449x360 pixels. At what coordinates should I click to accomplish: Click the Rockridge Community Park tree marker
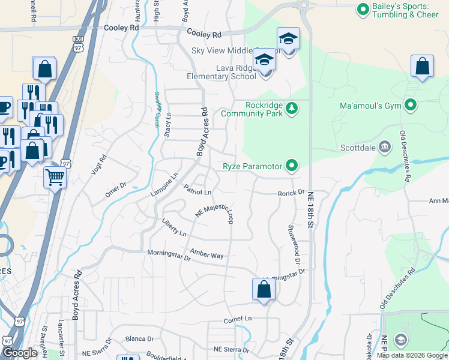click(292, 108)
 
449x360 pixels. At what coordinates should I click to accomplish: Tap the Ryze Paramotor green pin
click(292, 165)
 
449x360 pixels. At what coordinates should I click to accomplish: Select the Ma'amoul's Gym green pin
click(411, 106)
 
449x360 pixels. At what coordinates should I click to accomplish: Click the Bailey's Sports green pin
click(363, 10)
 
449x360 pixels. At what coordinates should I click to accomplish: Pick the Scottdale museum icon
click(385, 146)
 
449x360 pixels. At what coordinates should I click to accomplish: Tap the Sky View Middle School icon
click(288, 40)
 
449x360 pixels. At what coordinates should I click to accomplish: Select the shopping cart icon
click(55, 178)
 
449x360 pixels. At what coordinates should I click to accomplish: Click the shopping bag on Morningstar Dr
click(264, 289)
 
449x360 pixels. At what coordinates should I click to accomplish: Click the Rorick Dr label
click(292, 193)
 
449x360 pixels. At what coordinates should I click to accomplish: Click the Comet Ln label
click(238, 319)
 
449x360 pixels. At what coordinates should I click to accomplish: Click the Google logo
click(20, 353)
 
